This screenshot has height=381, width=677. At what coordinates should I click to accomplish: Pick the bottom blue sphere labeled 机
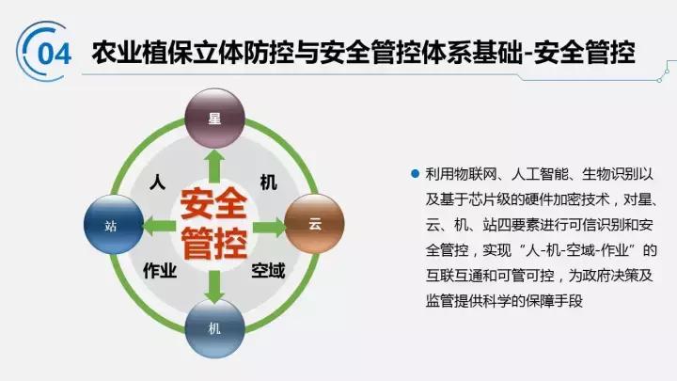(x=213, y=330)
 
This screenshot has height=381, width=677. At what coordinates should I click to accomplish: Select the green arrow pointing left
(x=157, y=225)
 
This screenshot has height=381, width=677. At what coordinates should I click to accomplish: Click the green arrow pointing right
(x=270, y=225)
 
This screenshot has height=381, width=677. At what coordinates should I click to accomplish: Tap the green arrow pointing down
(x=213, y=282)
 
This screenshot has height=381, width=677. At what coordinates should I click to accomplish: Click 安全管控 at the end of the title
(x=585, y=51)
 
